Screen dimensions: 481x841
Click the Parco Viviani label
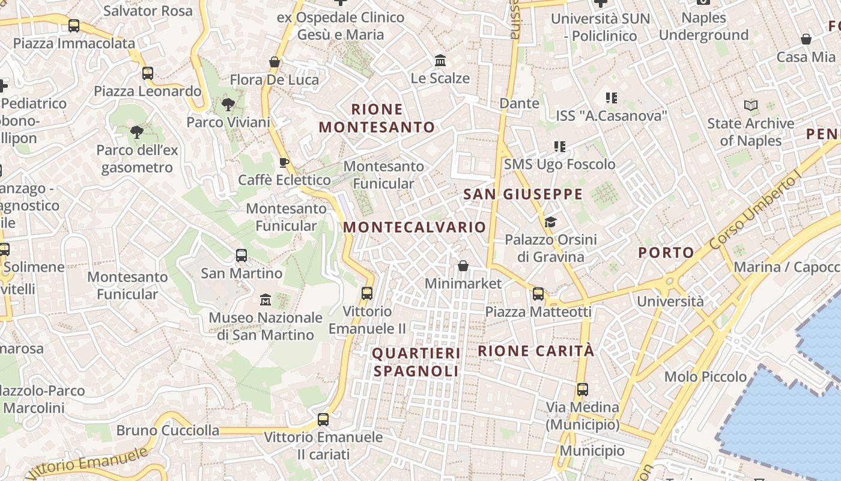coord(228,122)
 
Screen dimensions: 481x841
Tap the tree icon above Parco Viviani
coord(228,105)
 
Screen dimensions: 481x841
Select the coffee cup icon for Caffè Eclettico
coord(284,162)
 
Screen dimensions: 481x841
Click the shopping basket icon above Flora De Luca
coord(275,62)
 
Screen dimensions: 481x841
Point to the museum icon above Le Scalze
coord(440,61)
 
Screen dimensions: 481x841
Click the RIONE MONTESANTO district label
coord(377,118)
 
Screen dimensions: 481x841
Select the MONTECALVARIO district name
coord(414,227)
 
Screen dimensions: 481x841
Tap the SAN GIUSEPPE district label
coord(523,194)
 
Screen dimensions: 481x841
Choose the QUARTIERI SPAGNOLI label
coord(416,362)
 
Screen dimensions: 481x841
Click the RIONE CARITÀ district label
coord(536,351)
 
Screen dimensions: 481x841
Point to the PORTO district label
coord(666,253)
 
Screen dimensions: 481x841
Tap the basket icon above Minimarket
coord(463,266)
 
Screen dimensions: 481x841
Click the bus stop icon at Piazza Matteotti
coord(538,294)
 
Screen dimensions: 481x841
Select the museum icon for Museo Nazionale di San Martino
coord(266,299)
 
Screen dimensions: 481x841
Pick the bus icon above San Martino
coord(241,256)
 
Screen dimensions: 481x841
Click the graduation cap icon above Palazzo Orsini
coord(550,222)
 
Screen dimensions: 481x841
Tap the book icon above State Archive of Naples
coord(751,106)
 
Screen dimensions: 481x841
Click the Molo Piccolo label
coord(705,377)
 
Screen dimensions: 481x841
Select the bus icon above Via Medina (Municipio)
coord(582,389)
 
